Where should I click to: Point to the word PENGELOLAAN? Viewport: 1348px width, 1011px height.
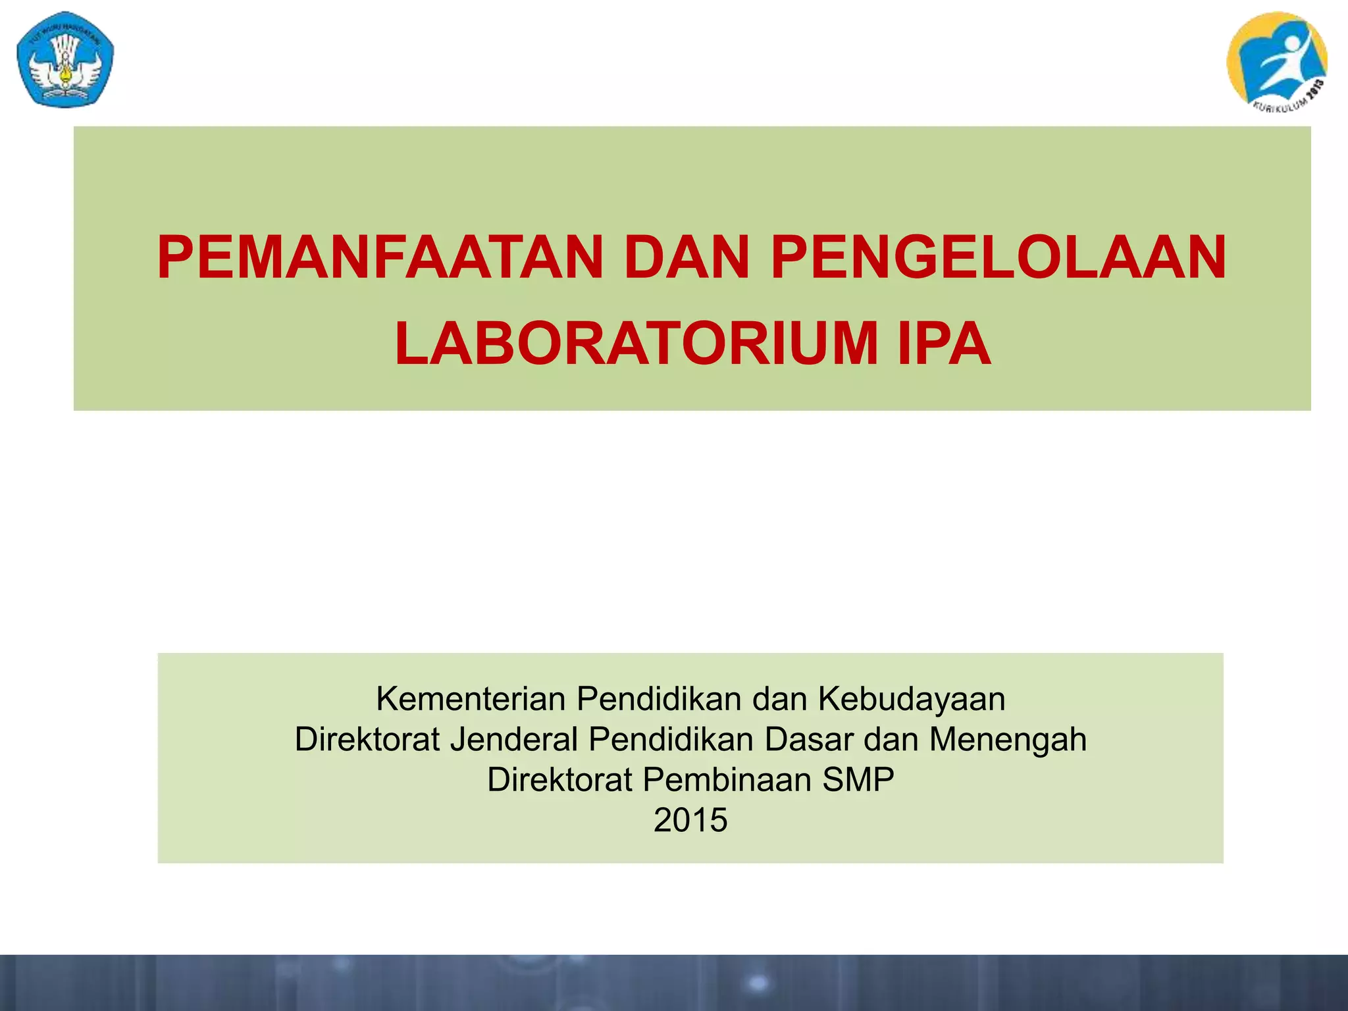point(998,258)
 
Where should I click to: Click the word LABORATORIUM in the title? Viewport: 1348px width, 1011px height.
point(636,344)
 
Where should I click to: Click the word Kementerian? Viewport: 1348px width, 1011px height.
point(471,699)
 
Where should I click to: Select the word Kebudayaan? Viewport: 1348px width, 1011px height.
point(912,699)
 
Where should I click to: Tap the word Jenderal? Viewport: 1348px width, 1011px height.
point(514,739)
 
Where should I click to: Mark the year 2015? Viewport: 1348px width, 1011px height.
point(690,821)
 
